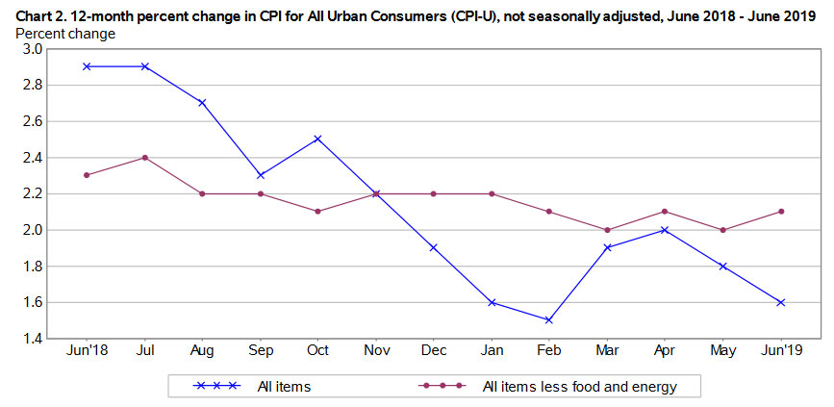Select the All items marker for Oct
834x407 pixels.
click(x=317, y=139)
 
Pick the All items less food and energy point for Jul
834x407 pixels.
click(x=144, y=157)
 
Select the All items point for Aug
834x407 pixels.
click(x=202, y=102)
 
